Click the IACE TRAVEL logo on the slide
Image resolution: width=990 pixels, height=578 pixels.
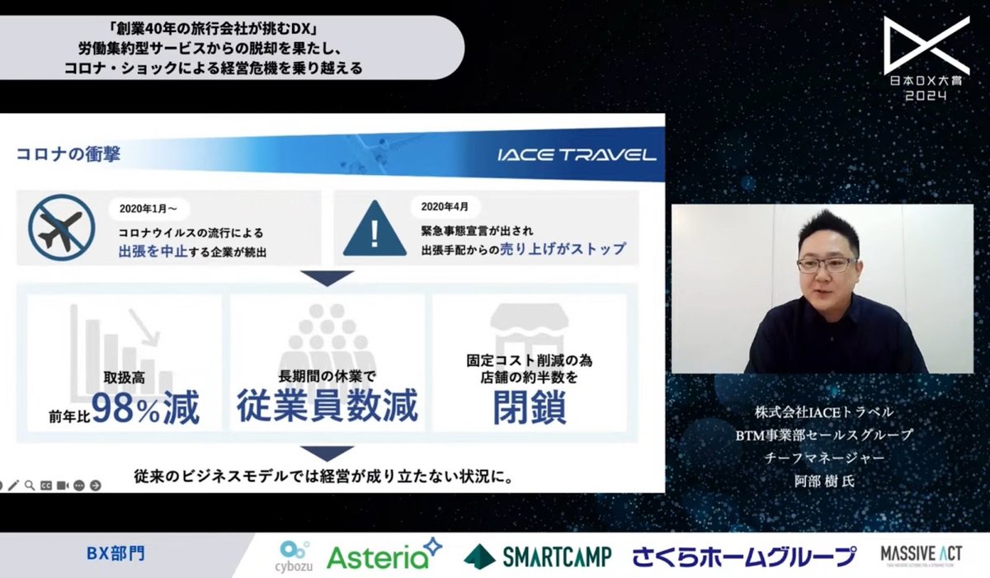(x=577, y=155)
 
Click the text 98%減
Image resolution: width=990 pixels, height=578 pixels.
(x=145, y=408)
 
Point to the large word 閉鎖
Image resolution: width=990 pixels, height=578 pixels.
(x=530, y=407)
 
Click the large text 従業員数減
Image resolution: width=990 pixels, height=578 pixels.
(x=328, y=406)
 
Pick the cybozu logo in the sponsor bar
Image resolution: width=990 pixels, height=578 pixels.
(x=295, y=554)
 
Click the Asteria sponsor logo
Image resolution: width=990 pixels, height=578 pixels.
(x=384, y=555)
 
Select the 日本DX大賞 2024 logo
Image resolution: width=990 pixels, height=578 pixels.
(x=926, y=59)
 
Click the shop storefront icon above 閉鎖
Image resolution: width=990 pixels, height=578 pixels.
(x=530, y=328)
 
